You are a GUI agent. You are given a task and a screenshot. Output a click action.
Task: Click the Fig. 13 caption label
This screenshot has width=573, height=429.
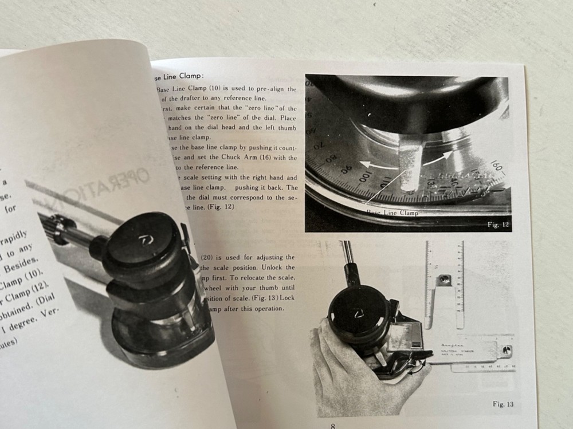click(x=503, y=404)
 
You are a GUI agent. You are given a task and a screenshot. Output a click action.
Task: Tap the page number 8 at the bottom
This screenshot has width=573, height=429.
click(x=333, y=426)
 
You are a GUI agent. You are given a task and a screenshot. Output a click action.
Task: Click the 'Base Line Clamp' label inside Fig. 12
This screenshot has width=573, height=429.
click(x=393, y=212)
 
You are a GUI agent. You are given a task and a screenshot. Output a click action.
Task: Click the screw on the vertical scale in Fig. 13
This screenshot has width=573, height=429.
click(x=443, y=281)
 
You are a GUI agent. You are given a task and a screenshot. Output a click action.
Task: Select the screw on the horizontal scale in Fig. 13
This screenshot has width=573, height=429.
click(x=505, y=349)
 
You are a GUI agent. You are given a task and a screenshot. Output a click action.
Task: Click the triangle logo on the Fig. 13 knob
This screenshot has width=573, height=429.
click(x=358, y=313)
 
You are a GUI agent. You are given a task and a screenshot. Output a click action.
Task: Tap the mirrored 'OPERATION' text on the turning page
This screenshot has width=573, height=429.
click(x=112, y=188)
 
